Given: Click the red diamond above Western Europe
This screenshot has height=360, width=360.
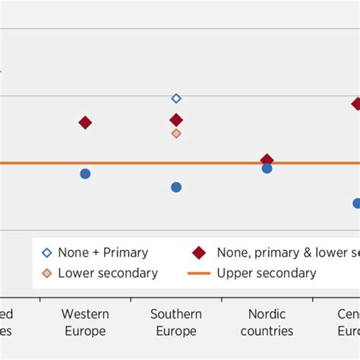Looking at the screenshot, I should tap(85, 122).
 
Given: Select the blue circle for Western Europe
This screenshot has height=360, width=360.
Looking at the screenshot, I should tap(85, 174).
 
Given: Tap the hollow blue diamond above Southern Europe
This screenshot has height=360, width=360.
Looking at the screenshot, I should tap(176, 98).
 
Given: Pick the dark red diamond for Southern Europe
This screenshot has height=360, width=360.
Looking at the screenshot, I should tap(176, 120).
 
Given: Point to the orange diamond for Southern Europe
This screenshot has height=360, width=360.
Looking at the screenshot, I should tap(176, 134).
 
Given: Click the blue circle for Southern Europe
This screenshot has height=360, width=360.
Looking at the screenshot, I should tap(176, 187).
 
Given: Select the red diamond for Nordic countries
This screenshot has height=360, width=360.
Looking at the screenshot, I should tap(267, 159).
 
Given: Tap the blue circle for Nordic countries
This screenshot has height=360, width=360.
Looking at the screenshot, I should tap(267, 169).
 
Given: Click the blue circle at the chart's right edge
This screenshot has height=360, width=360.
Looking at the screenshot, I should tap(357, 203).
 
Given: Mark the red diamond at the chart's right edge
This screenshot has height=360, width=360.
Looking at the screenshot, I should tap(356, 103).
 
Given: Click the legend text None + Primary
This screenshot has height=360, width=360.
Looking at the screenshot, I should tap(103, 253).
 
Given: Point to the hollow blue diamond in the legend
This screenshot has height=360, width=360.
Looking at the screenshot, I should tap(47, 253).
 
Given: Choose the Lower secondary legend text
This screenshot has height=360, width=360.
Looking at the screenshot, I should tap(108, 273).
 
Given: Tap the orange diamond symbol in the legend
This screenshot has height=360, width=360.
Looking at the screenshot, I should tap(47, 273).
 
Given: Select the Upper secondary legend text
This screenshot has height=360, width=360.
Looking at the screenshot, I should tap(267, 273).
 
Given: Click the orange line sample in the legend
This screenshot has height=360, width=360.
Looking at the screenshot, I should tap(199, 273).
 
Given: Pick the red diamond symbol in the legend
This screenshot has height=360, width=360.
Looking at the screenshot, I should tap(199, 253).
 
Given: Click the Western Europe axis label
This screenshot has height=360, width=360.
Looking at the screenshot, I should tap(85, 323).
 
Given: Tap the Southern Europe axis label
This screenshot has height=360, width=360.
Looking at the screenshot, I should tap(176, 323).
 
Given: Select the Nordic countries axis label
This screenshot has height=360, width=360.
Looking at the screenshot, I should tap(267, 323).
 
